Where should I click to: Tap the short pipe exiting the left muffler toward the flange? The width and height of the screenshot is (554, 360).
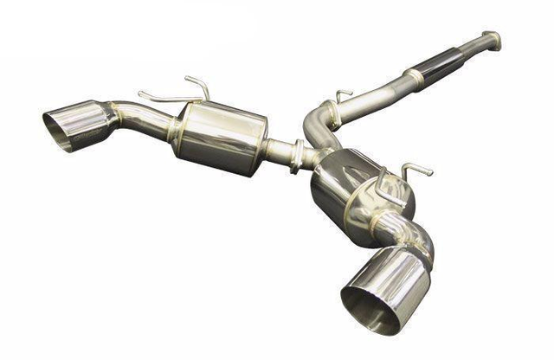click(x=278, y=152)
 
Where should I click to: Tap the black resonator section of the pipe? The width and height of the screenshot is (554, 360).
click(x=441, y=66)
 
